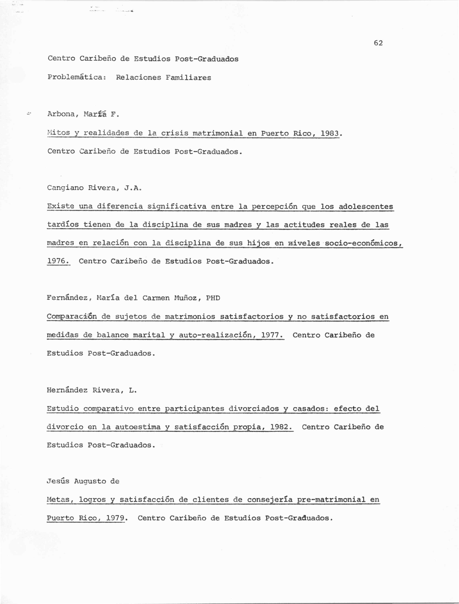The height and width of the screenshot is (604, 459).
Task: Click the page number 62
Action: pos(378,43)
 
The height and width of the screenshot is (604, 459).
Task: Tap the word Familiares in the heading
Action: pos(188,78)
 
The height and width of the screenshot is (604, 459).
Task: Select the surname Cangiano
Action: pos(65,188)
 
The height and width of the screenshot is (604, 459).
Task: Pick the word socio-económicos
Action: pos(364,243)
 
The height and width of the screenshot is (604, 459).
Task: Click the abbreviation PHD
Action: pos(213,298)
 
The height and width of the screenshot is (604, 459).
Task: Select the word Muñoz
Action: pos(185,298)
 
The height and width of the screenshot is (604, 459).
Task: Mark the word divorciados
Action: pos(253,409)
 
